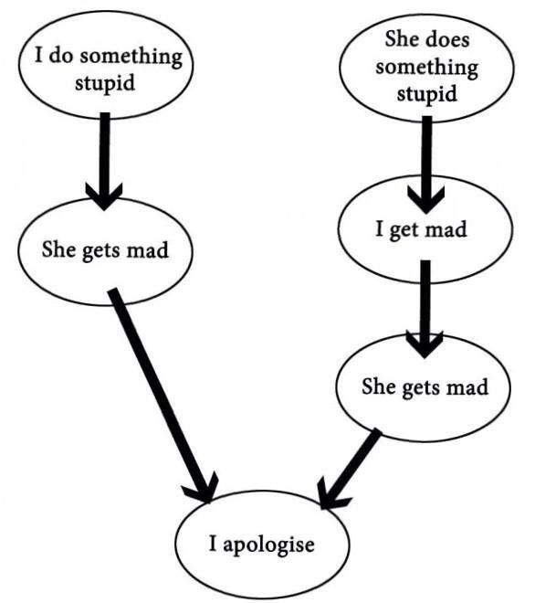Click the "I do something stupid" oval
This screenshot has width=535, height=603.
coord(108,68)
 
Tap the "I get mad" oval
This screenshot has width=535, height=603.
coord(421,229)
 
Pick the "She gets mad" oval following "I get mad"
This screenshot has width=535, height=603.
coord(425,386)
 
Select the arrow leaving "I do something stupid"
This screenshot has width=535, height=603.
coord(104,155)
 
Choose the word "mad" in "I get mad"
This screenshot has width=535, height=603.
coord(446,229)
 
